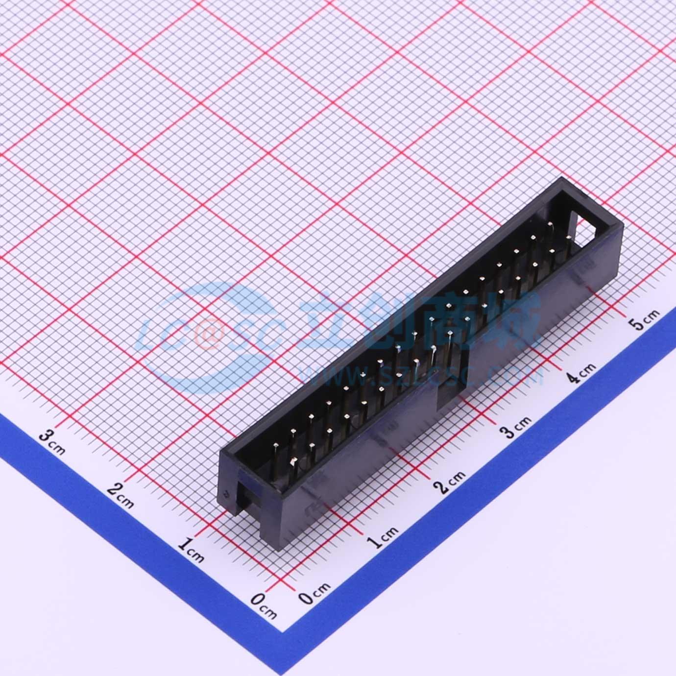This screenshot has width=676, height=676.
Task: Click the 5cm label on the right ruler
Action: click(x=645, y=320)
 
